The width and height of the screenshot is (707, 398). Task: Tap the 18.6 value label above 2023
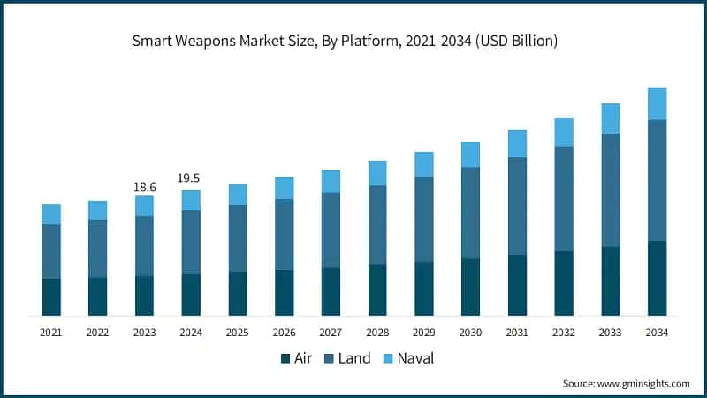(144, 187)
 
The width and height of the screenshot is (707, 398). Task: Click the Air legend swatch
(285, 358)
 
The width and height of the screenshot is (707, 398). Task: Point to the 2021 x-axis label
(51, 333)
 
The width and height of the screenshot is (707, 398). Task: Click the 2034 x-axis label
(657, 333)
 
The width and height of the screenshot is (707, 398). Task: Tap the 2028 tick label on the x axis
(377, 333)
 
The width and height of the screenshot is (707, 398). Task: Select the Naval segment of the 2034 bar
(657, 103)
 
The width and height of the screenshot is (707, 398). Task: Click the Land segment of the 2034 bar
(657, 180)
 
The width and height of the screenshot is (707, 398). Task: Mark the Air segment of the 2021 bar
(51, 297)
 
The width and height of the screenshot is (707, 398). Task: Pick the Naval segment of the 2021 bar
(51, 214)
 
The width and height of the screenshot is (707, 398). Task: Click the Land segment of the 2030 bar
(470, 213)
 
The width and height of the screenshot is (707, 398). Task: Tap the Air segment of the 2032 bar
(564, 283)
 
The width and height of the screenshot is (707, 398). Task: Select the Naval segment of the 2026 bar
(284, 188)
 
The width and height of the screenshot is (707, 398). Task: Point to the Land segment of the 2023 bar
(144, 246)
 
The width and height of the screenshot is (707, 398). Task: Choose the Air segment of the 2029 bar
(424, 288)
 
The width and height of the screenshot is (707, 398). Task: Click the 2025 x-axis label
(238, 333)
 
